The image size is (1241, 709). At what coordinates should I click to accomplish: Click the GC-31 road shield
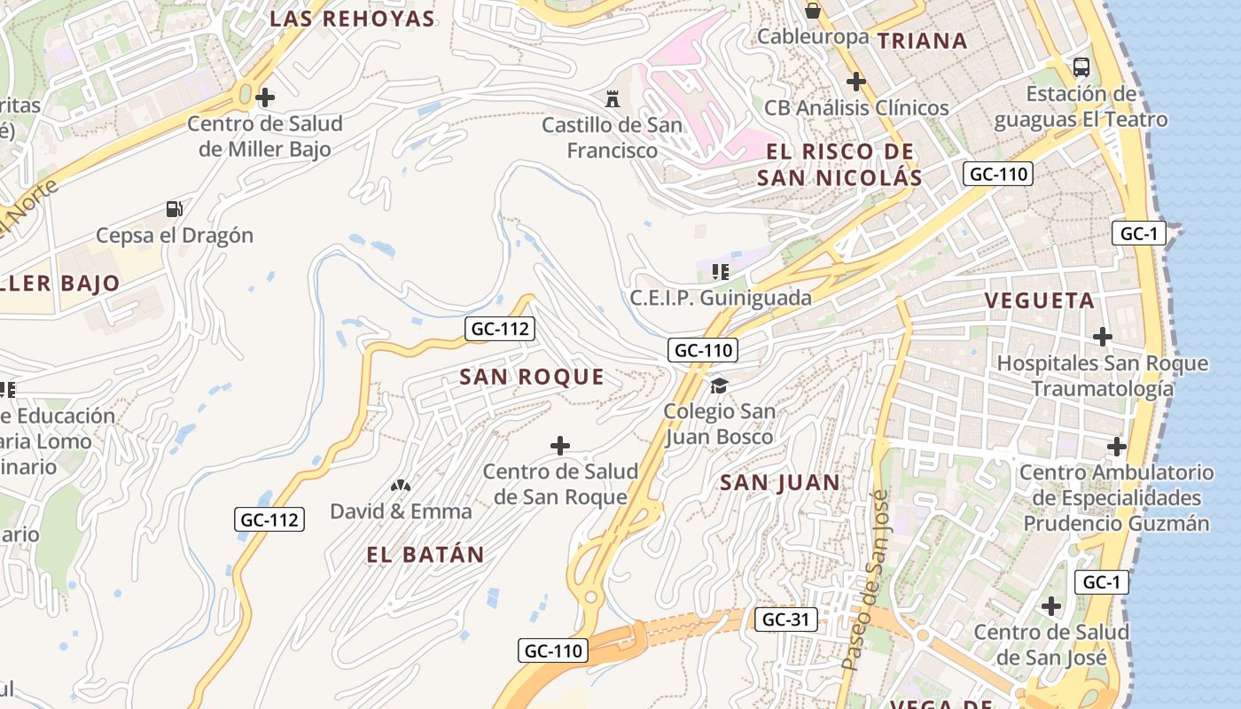[786, 619]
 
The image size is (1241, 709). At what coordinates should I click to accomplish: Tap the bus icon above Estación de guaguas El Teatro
[1081, 66]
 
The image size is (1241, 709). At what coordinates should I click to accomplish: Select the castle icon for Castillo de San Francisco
[612, 97]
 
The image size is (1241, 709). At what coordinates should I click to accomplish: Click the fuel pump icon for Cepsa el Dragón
[175, 209]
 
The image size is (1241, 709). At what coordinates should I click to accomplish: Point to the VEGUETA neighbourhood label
[1040, 300]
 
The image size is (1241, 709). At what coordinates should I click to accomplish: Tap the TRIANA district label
[922, 41]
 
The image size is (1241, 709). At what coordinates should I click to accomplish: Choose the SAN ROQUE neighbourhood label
[532, 377]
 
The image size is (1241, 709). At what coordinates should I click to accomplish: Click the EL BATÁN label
[425, 555]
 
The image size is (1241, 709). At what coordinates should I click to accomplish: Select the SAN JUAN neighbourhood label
[780, 483]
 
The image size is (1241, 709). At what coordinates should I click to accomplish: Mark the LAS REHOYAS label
[352, 19]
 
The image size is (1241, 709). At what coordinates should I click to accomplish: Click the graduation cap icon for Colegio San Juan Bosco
[719, 386]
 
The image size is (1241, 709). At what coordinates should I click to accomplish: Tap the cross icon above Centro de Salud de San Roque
[560, 445]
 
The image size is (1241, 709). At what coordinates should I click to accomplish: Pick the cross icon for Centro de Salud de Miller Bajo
[264, 97]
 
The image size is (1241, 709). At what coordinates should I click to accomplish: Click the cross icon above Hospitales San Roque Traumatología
[1103, 337]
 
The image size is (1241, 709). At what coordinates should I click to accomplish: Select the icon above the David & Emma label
[401, 486]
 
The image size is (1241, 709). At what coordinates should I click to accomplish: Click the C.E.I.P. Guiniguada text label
[721, 298]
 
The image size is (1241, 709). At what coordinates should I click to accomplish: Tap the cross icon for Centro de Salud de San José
[1051, 606]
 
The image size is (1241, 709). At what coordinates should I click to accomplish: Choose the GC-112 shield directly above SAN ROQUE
[500, 329]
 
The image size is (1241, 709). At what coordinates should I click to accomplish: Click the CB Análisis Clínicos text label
[856, 108]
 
